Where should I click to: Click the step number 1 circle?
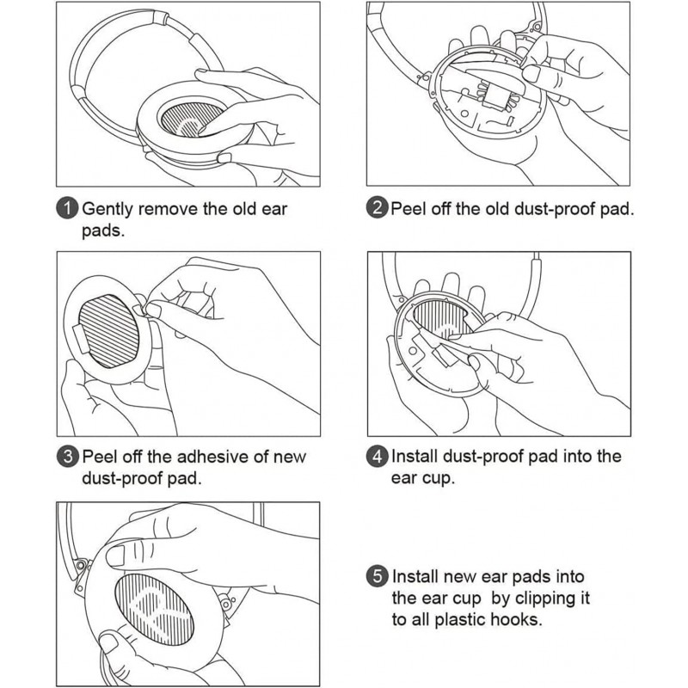(67, 208)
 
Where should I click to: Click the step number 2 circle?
(377, 207)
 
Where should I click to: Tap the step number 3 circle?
(67, 457)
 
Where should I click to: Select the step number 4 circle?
(377, 457)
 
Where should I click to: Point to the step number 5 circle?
(377, 576)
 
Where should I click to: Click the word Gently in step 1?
(107, 210)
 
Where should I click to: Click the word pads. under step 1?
(103, 231)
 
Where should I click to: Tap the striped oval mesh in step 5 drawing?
(155, 610)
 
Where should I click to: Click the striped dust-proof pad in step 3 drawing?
(109, 331)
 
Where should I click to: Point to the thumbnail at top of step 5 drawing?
(116, 556)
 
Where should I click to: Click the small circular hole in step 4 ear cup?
(413, 351)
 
